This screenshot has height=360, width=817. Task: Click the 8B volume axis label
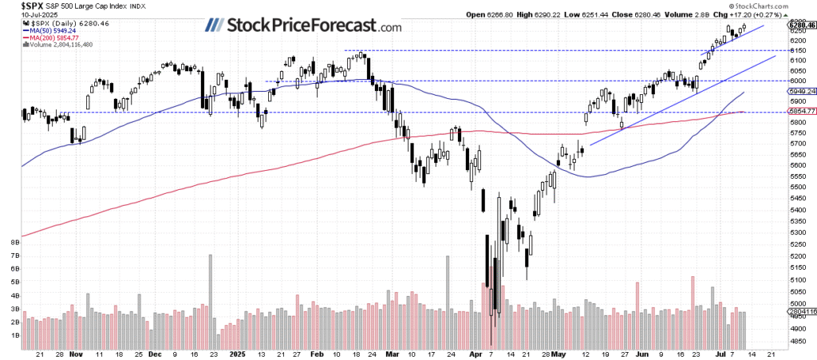[x=14, y=240]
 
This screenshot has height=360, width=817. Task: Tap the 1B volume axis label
[x=14, y=336]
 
